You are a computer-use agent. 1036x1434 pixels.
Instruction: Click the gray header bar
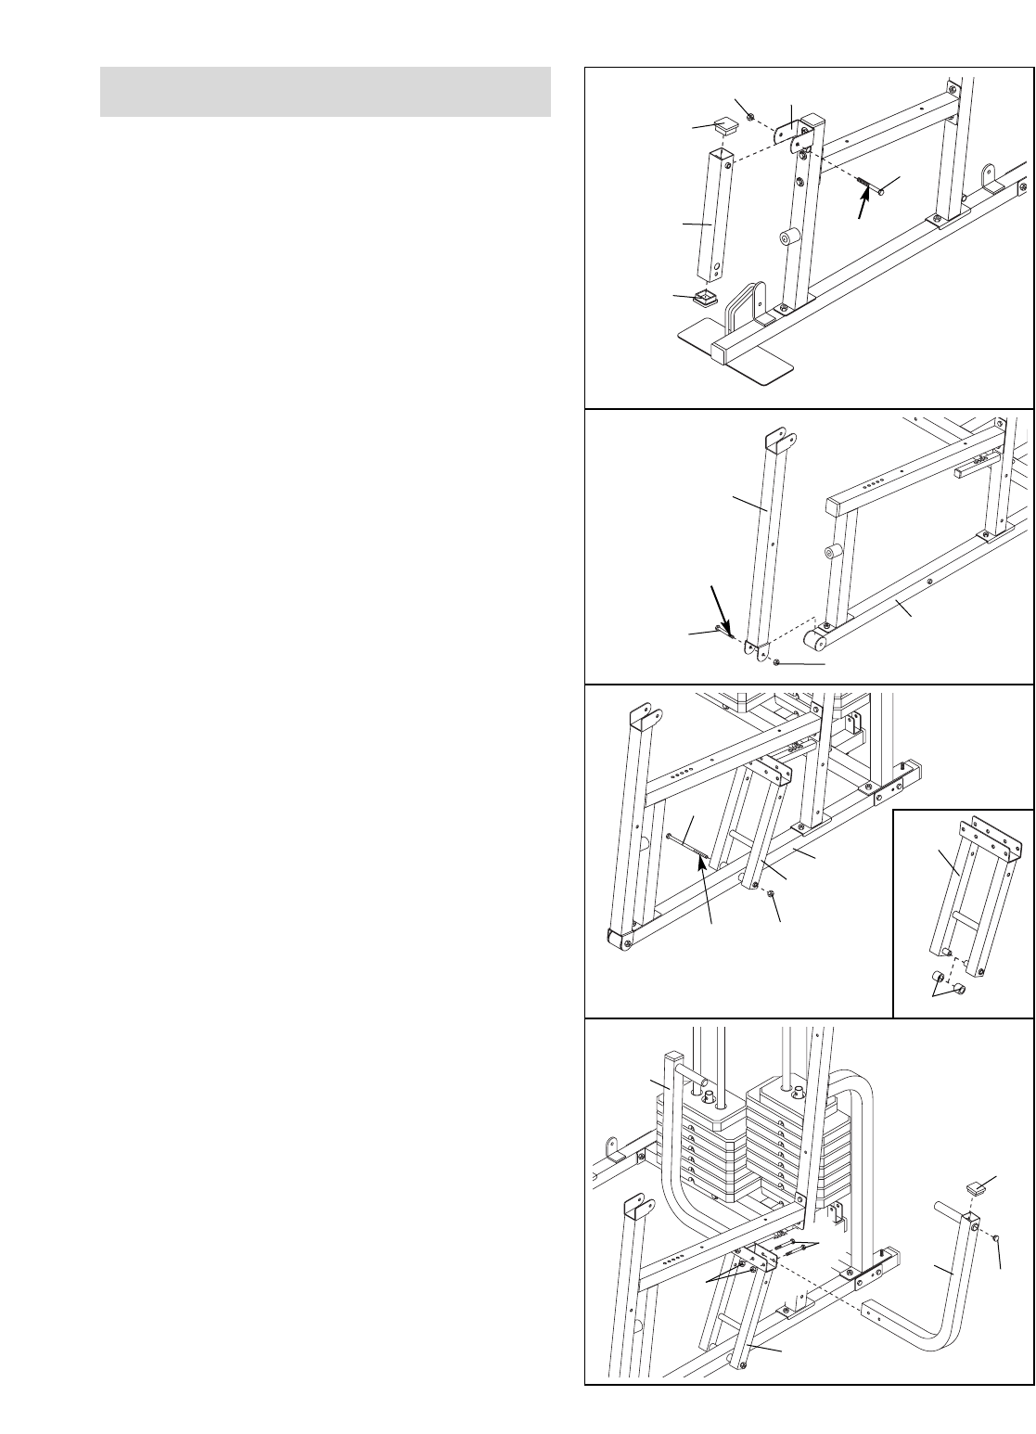point(325,92)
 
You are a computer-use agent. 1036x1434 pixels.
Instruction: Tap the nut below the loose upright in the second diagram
point(777,662)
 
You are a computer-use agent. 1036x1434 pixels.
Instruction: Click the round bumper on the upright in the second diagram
point(832,554)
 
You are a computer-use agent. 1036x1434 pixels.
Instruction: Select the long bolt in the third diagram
point(687,845)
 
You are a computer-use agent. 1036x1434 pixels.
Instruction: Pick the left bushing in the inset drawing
point(938,978)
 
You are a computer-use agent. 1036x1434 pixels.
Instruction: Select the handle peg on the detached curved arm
point(947,1210)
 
